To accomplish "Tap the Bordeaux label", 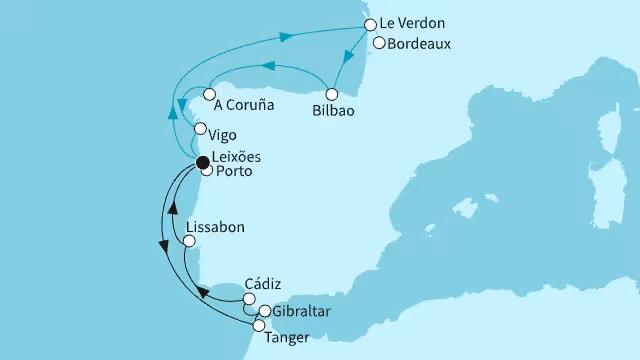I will [x=421, y=44].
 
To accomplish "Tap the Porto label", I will [x=234, y=172].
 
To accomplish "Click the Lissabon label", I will [x=215, y=227].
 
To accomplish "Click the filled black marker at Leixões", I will [x=203, y=161].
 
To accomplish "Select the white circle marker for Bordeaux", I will [x=378, y=42].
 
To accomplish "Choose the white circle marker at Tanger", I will [x=259, y=325].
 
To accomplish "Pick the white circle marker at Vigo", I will [x=200, y=129].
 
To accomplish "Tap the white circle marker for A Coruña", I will [x=210, y=95].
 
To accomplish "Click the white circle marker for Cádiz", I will [x=248, y=297].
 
